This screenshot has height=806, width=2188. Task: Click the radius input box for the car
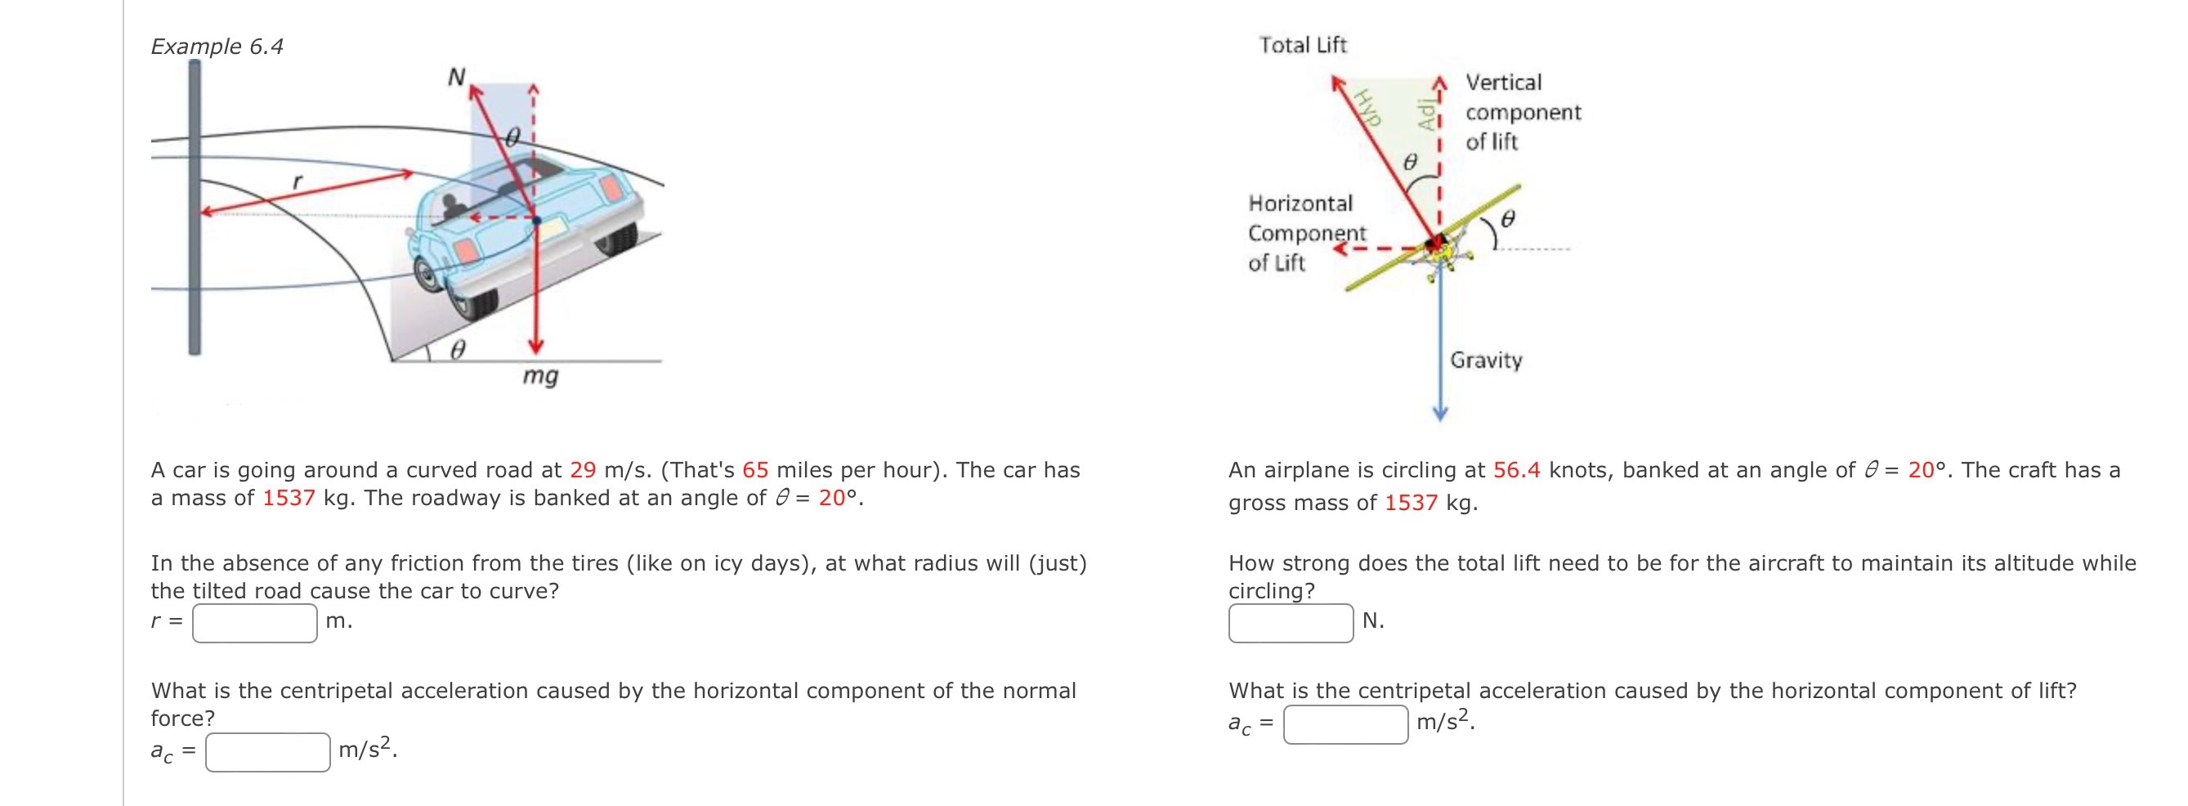tap(254, 623)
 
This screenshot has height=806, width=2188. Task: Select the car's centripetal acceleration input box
tap(267, 752)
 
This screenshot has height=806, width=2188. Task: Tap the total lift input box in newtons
tap(1291, 623)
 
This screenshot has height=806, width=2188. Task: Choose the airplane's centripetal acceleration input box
tap(1345, 724)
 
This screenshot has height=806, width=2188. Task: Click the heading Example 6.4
tap(217, 46)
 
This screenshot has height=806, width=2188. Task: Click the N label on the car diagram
tap(457, 78)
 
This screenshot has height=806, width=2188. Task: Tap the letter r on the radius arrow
tap(297, 181)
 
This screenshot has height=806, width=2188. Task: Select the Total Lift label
tap(1302, 45)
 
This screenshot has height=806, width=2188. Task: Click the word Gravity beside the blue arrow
tap(1486, 360)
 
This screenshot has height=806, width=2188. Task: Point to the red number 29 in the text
tap(583, 470)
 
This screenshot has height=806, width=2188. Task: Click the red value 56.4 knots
tap(1516, 470)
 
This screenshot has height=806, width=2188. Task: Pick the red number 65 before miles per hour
tap(755, 470)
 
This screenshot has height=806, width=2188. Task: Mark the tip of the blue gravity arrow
tap(1439, 415)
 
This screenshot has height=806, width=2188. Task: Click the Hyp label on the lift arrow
tap(1368, 107)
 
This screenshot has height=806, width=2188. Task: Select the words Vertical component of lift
tap(1523, 112)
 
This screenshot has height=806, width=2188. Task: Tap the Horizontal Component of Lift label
tap(1306, 233)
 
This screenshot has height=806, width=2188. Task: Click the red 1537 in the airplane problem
tap(1410, 503)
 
